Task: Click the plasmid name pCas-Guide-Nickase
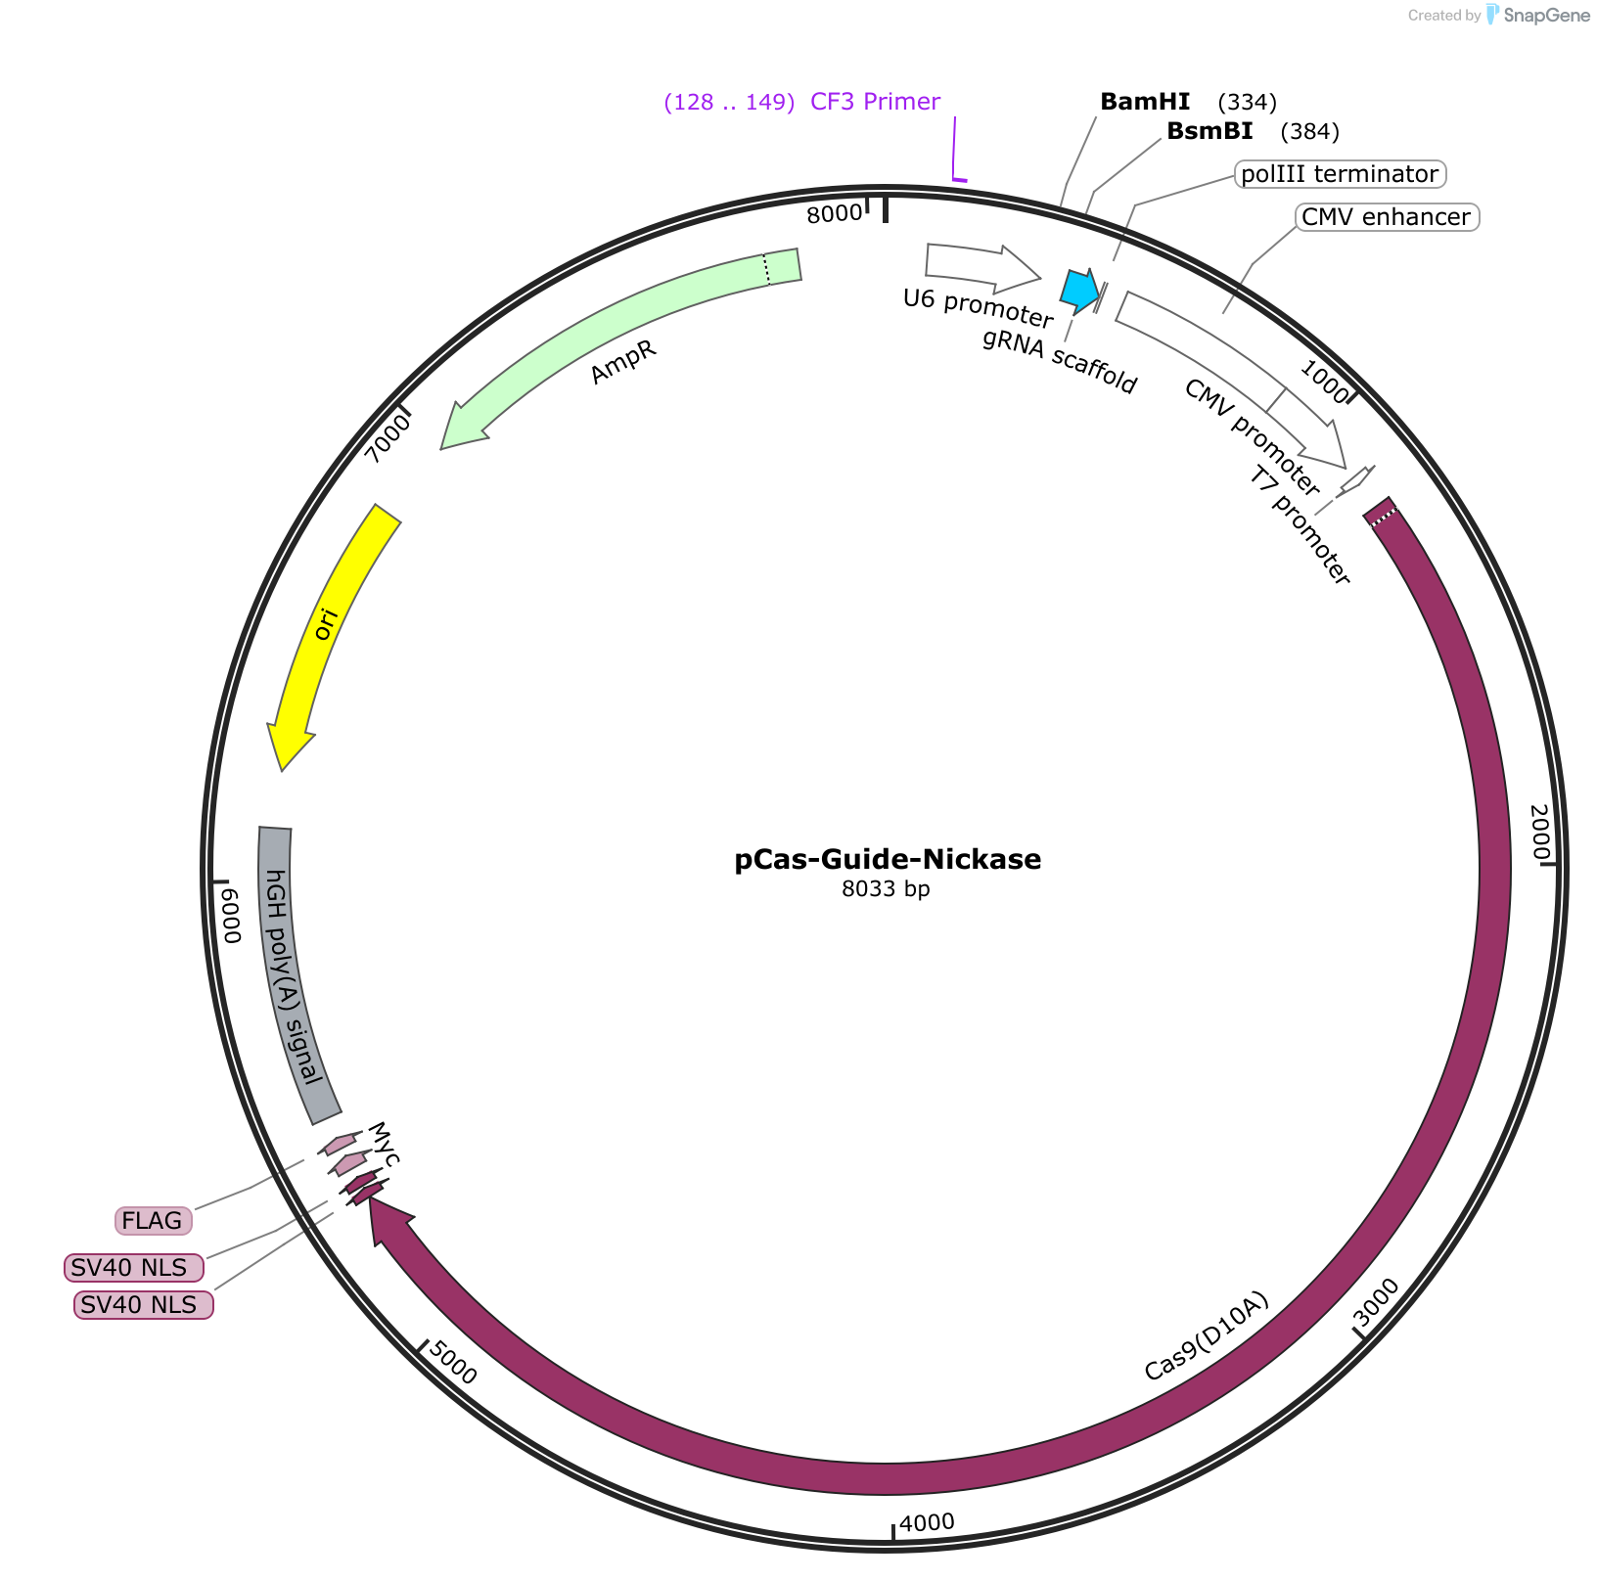pos(888,860)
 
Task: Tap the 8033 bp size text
pos(886,889)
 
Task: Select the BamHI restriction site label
pos(1145,102)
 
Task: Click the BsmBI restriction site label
pos(1209,131)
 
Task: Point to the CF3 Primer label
pos(875,102)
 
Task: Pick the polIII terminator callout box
pos(1340,174)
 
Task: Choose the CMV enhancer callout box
pos(1386,217)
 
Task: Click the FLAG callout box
pos(153,1221)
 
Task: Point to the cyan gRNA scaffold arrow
pos(1080,291)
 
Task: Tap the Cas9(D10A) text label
pos(1207,1336)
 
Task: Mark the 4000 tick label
pos(927,1522)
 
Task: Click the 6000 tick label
pos(230,916)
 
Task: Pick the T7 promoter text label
pos(1300,526)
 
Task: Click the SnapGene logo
pos(1538,15)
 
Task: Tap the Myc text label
pos(383,1145)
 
